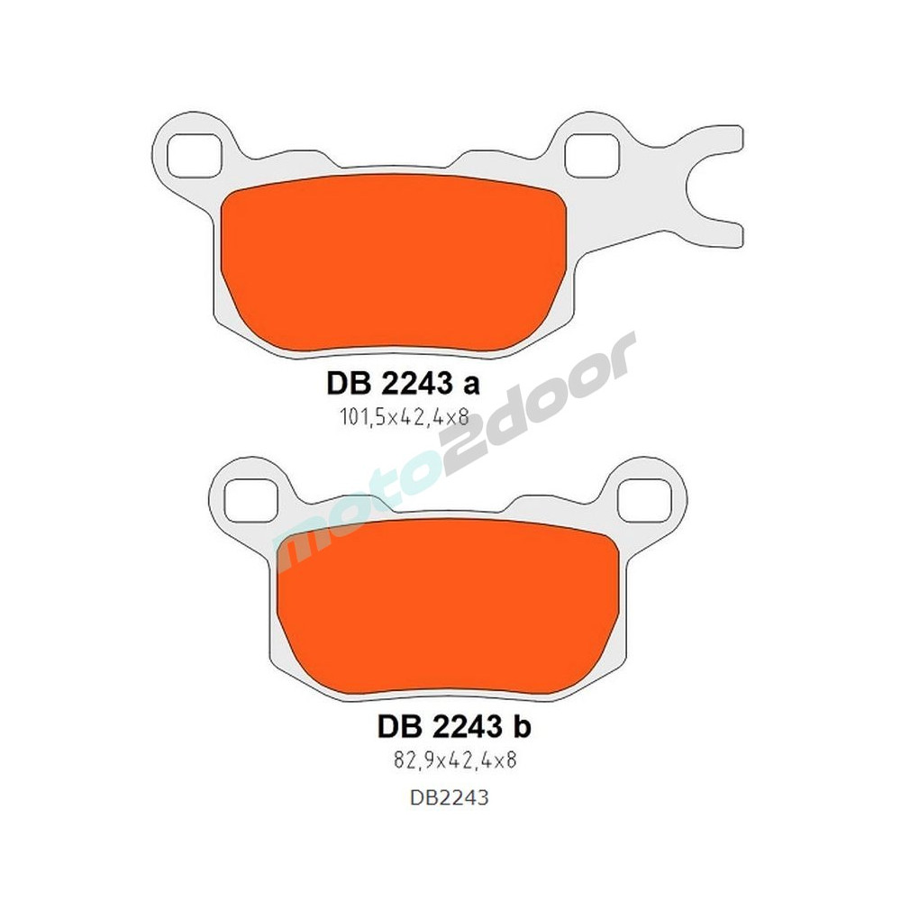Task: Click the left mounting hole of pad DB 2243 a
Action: pos(194,153)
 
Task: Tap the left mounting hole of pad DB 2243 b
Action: pos(248,496)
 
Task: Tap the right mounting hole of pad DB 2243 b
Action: pos(645,498)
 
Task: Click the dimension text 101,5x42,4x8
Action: pos(401,418)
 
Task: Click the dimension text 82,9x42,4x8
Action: pos(450,760)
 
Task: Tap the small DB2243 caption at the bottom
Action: pos(449,797)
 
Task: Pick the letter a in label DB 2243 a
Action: pos(470,385)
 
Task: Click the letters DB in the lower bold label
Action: pos(393,726)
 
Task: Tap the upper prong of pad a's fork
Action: pos(716,144)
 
